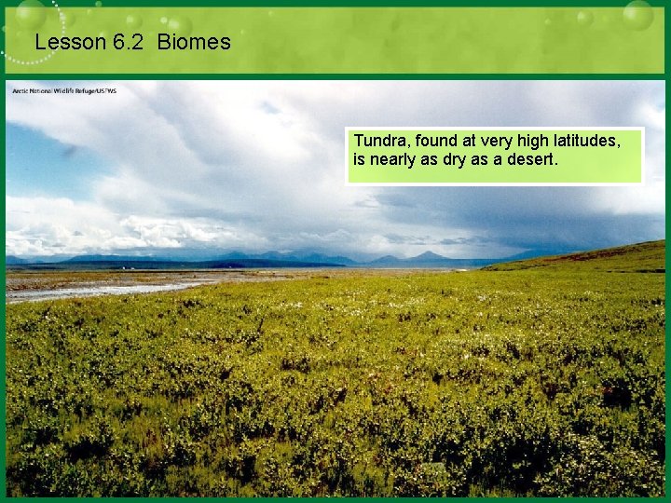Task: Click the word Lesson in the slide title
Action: point(64,42)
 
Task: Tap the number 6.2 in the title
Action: point(125,42)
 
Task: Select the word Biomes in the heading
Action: point(194,42)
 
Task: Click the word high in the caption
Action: point(543,141)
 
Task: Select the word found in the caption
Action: point(438,141)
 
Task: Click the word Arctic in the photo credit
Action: point(21,90)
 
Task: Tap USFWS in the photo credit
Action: point(106,90)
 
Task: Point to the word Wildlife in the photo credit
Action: point(62,90)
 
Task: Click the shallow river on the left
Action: point(93,290)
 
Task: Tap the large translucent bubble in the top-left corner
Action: point(31,14)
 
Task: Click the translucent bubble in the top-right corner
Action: point(637,14)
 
